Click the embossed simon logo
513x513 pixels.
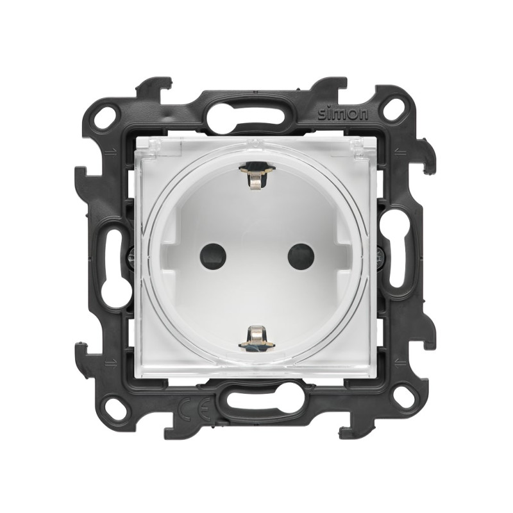pos(343,114)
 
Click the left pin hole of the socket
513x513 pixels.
pos(213,256)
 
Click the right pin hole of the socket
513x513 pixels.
pos(301,256)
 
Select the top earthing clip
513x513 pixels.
pos(257,177)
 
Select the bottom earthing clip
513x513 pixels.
pos(257,337)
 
